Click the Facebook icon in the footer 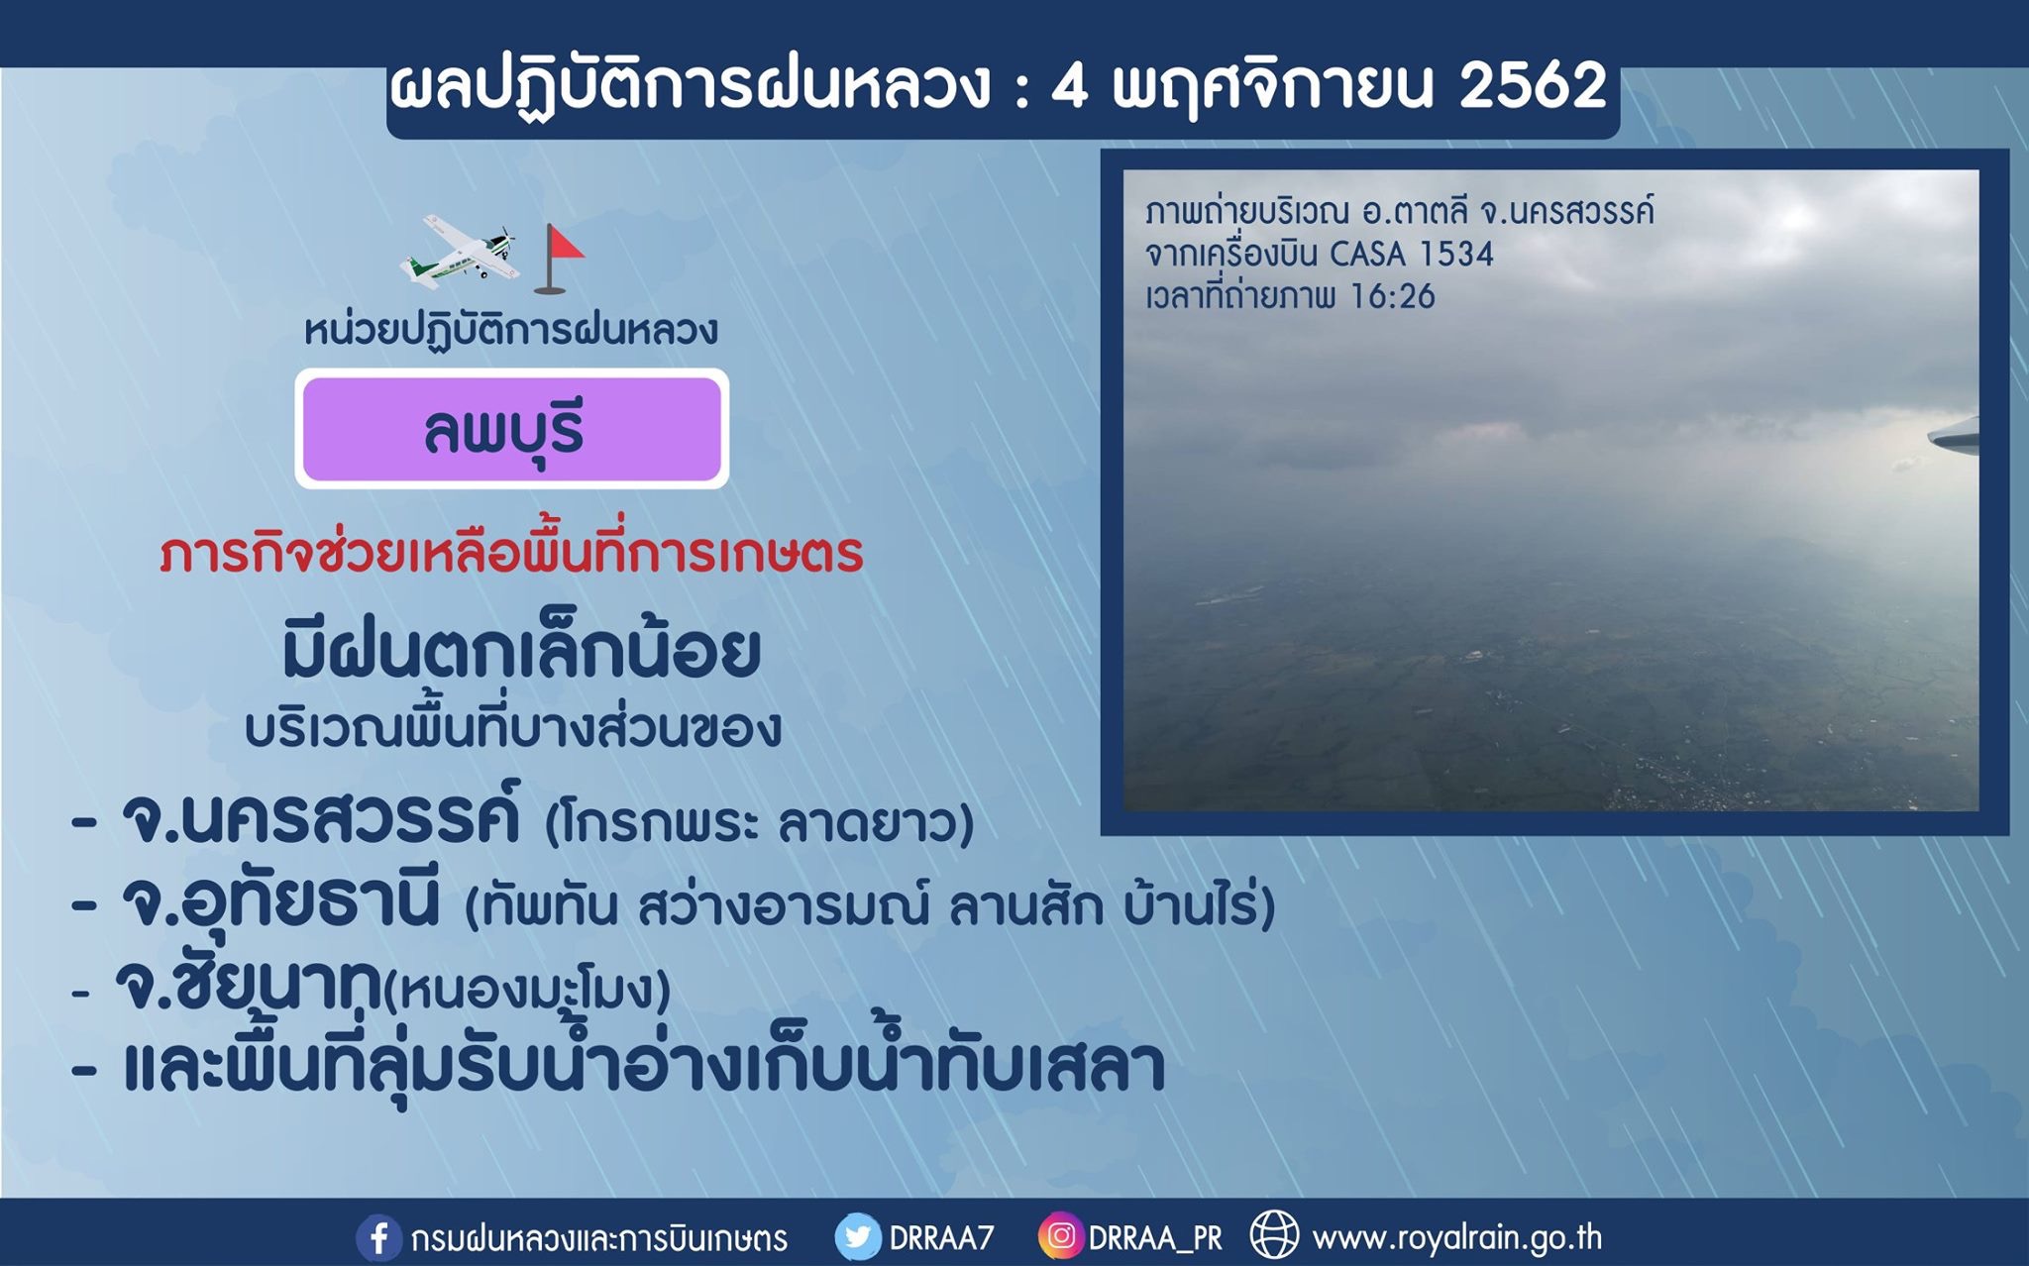[378, 1238]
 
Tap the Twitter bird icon [857, 1238]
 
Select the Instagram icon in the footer [1060, 1236]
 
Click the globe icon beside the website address [1274, 1235]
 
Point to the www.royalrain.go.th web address [1456, 1238]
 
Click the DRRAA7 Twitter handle [941, 1238]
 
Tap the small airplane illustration [459, 254]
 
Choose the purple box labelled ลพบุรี [512, 429]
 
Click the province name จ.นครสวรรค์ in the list [320, 819]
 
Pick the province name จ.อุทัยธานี [279, 901]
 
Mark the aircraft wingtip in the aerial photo [1953, 436]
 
